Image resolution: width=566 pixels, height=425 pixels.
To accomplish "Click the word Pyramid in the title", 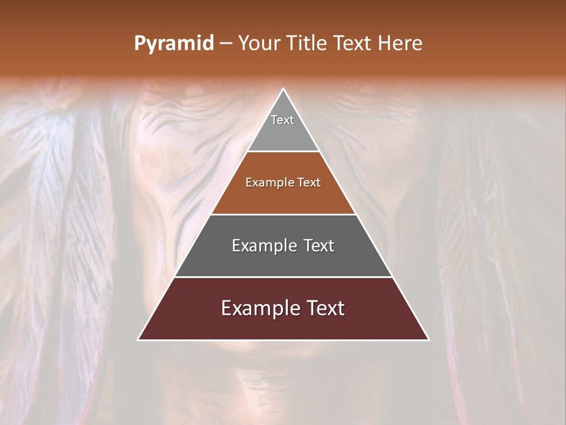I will pos(173,44).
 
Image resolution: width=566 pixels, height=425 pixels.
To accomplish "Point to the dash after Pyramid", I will pos(226,44).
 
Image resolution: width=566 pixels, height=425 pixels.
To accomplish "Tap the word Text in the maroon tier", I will pos(325,308).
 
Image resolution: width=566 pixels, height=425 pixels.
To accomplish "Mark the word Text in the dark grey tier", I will pos(318,246).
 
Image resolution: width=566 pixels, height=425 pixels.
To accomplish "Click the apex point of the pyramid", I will pos(283,90).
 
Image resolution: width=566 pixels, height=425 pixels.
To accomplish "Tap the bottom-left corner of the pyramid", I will pos(139,339).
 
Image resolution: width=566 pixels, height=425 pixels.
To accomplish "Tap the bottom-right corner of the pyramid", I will pos(428,339).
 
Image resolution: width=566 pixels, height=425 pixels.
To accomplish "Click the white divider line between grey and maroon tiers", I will pos(283,277).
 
